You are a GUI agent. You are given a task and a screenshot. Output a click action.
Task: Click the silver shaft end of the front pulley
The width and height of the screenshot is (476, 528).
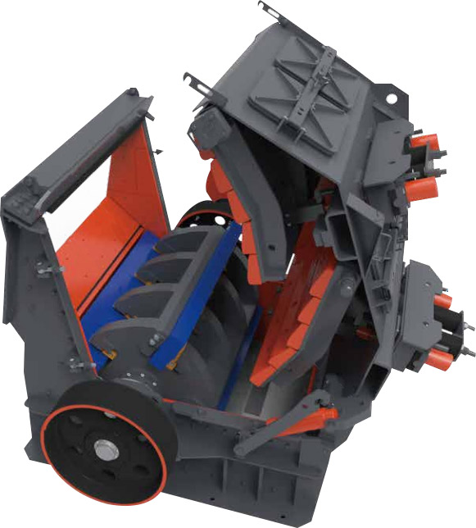(104, 449)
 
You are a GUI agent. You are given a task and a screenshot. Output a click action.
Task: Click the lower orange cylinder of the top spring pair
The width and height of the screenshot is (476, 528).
(421, 189)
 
